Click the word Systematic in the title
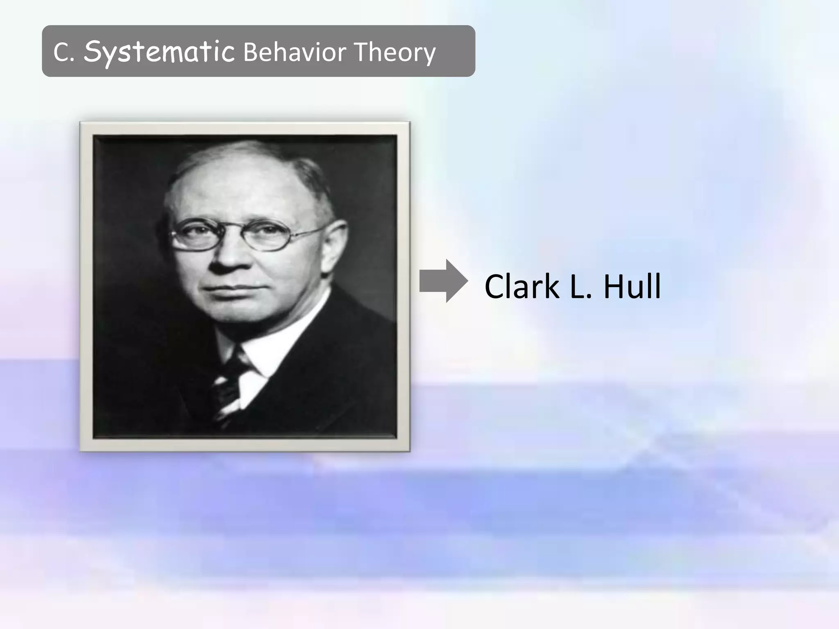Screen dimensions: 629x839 (159, 52)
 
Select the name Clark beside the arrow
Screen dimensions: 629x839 (521, 286)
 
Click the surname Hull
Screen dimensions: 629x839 (632, 286)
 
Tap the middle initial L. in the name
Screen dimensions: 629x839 (581, 286)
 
